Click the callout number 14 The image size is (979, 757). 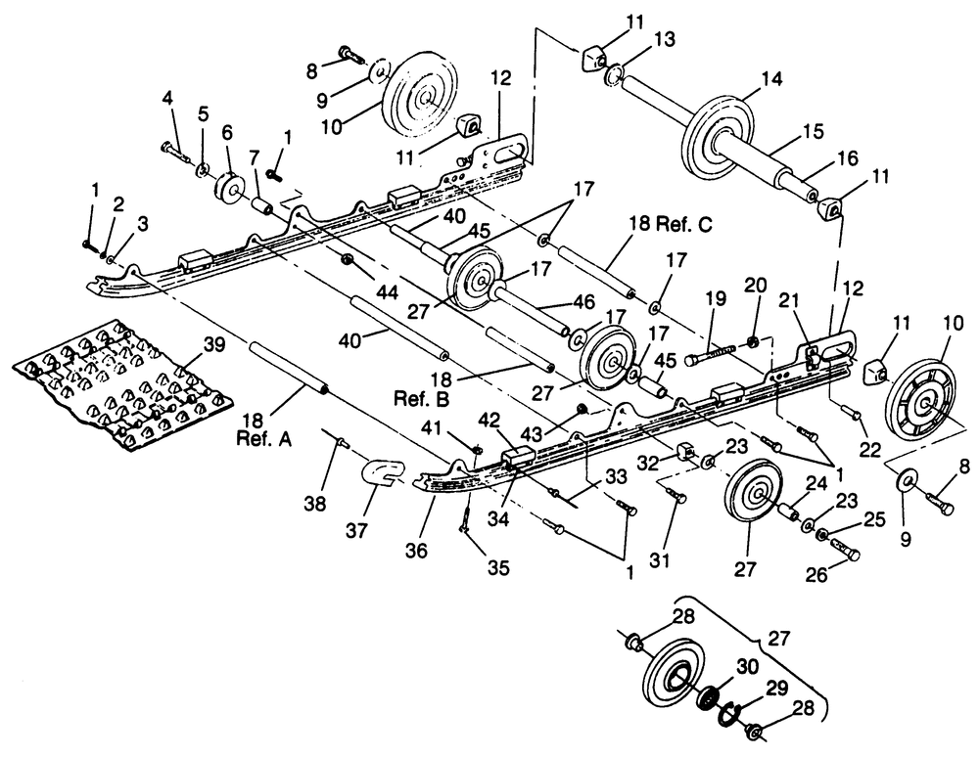click(771, 79)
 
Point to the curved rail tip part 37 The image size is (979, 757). click(381, 472)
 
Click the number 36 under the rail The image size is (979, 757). click(416, 550)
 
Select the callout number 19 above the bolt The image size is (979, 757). click(717, 298)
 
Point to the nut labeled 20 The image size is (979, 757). click(752, 341)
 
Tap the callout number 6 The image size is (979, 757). click(227, 132)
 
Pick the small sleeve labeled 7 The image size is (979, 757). click(260, 205)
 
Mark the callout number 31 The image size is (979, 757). click(659, 559)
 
